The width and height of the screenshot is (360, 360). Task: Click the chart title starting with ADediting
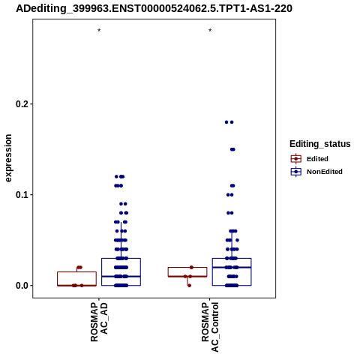click(154, 8)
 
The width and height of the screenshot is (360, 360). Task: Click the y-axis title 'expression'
click(8, 158)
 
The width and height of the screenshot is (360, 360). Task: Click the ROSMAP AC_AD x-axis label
click(99, 322)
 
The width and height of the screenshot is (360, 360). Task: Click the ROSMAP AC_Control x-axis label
click(210, 327)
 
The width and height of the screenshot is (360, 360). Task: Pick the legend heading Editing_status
click(320, 144)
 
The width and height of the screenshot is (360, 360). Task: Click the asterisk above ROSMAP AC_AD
click(99, 31)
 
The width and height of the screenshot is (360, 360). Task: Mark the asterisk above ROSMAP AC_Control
click(210, 31)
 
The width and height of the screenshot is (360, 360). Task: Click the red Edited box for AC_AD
click(76, 272)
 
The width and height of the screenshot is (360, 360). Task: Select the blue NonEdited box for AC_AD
click(121, 259)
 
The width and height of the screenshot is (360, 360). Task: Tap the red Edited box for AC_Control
click(187, 268)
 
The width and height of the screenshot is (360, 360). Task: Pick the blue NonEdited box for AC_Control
click(232, 259)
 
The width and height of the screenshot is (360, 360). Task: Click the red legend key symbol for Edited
click(296, 159)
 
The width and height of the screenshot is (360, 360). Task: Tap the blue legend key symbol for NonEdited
click(296, 172)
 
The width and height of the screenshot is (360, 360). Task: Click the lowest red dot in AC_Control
click(189, 286)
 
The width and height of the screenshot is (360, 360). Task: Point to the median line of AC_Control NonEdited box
click(232, 268)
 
